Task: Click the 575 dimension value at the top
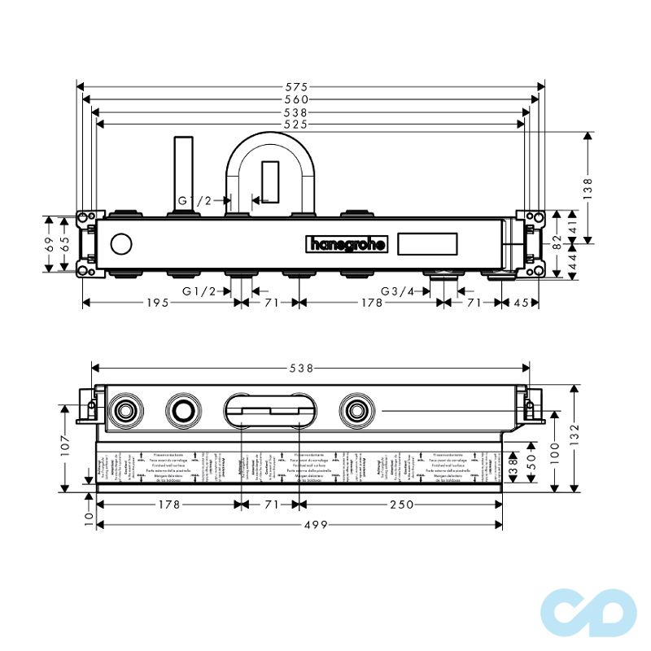[312, 85]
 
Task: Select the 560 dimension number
[312, 99]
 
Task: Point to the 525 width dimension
[312, 125]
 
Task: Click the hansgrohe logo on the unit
[347, 243]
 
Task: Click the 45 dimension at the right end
[522, 303]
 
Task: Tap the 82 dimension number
[557, 243]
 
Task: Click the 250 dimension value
[400, 505]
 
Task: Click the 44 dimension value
[572, 264]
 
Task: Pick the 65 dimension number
[65, 243]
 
